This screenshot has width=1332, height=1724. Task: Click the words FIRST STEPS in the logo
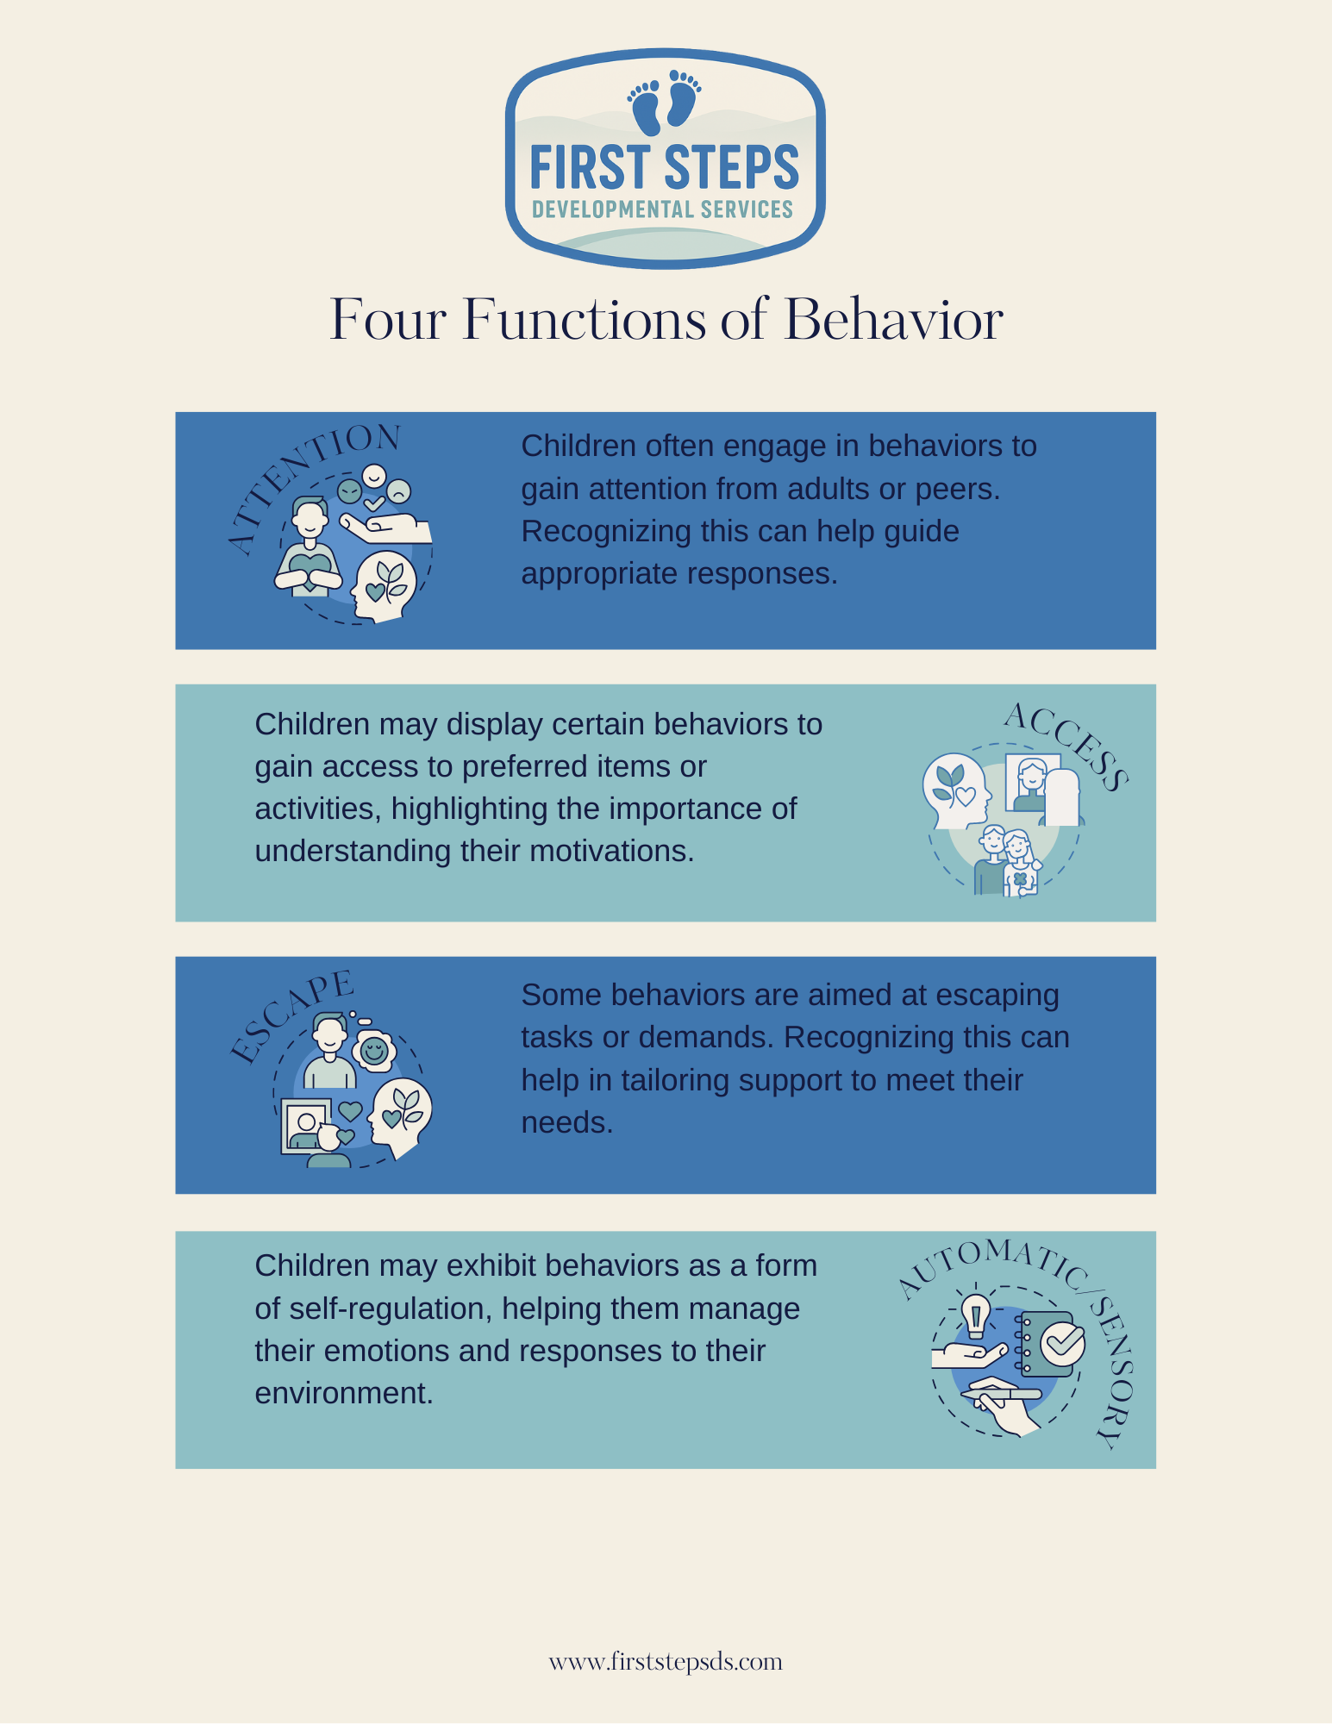tap(664, 167)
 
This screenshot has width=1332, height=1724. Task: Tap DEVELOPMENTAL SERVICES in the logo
tap(662, 209)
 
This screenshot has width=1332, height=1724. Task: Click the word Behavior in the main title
tap(893, 320)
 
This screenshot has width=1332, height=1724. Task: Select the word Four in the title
tap(388, 320)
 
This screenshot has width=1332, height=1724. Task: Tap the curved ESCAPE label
tap(290, 1017)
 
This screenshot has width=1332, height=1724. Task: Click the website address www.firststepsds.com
tap(666, 1661)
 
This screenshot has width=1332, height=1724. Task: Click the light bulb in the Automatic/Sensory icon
tap(976, 1315)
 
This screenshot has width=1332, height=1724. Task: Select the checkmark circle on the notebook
tap(1062, 1342)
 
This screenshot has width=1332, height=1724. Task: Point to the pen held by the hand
tap(1000, 1392)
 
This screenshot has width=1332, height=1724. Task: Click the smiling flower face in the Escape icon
tap(373, 1051)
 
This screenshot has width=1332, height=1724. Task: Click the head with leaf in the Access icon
tap(954, 789)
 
